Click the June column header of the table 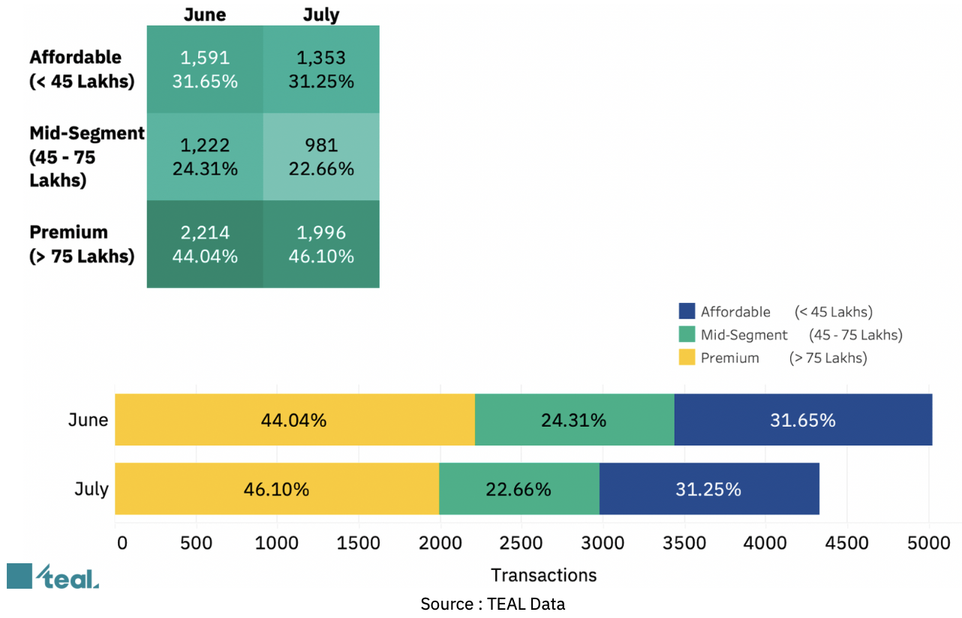pos(204,14)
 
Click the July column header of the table pos(320,14)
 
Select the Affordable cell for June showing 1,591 pos(205,70)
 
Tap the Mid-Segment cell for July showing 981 pos(321,157)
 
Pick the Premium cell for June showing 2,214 pos(205,244)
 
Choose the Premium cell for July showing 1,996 pos(321,244)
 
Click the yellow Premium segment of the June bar pos(294,420)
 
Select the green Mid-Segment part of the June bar pos(574,420)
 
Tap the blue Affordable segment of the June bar pos(802,420)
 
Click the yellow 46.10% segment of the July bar pos(276,489)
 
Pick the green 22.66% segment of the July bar pos(519,489)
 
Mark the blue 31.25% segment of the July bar pos(708,489)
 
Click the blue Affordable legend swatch pos(687,312)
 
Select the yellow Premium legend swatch pos(687,358)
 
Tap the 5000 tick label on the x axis pos(928,542)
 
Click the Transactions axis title pos(544,575)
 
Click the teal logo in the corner pos(53,576)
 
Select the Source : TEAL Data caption pos(492,604)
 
